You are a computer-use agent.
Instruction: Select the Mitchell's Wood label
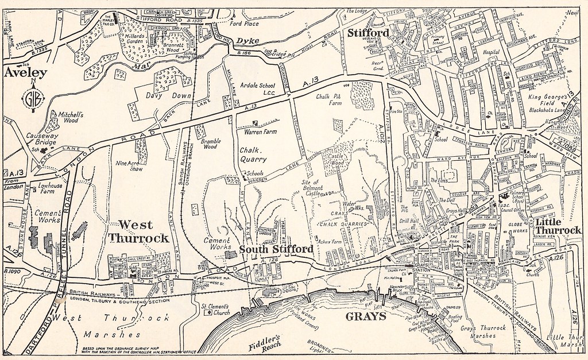click(x=67, y=118)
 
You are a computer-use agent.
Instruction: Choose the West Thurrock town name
click(x=143, y=230)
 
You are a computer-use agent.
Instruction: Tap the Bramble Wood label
click(x=211, y=143)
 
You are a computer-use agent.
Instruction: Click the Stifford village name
click(x=368, y=33)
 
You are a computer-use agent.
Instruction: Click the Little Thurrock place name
click(x=558, y=225)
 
